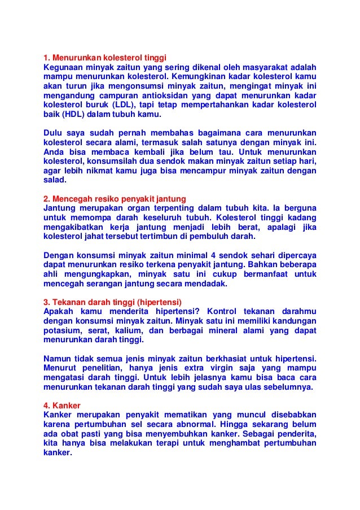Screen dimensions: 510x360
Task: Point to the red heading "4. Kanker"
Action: pyautogui.click(x=62, y=405)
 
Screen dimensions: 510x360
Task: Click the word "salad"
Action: pyautogui.click(x=54, y=181)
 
